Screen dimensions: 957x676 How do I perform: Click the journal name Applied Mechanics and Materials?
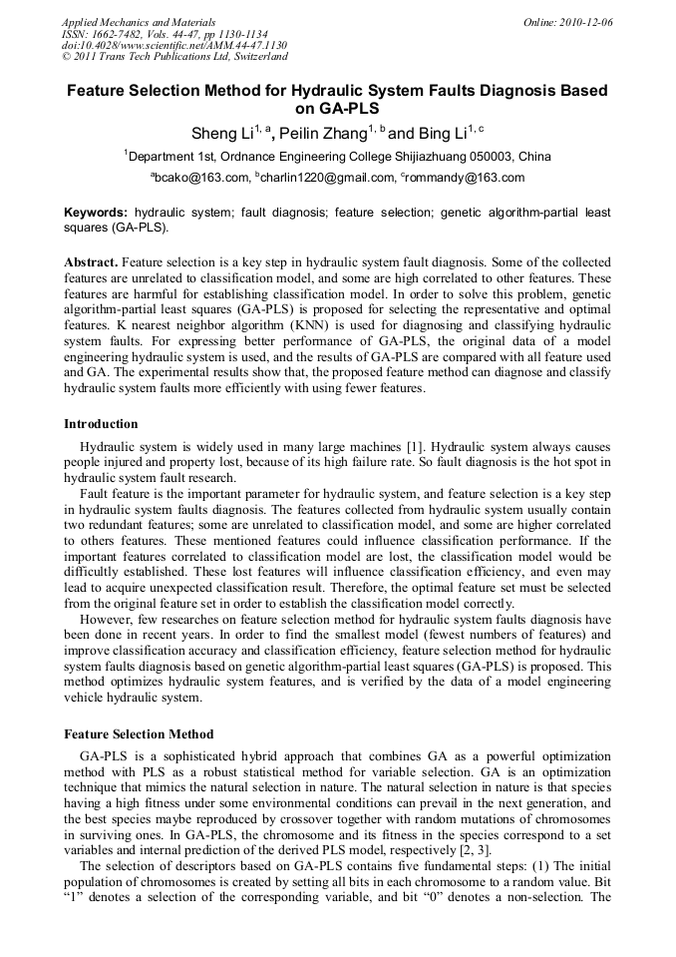139,22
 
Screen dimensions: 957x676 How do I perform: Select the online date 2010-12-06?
584,22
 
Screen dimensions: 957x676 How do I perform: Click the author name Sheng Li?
221,133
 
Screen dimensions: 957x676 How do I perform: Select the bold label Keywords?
96,213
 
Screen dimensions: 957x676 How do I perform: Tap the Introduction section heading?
101,424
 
